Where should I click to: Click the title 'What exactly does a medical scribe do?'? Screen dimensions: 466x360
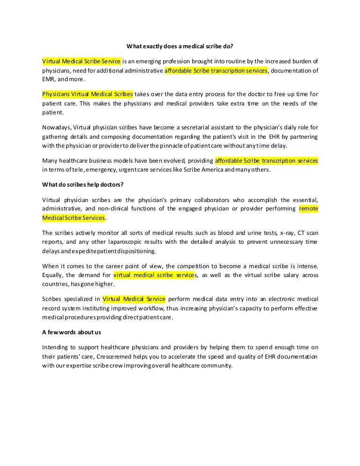(180, 46)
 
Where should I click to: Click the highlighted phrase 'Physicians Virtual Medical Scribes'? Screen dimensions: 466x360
(88, 94)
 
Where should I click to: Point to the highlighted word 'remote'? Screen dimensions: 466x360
(308, 208)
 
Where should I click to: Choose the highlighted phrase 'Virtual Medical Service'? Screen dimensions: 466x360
(134, 299)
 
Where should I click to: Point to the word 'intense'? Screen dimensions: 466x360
(307, 266)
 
